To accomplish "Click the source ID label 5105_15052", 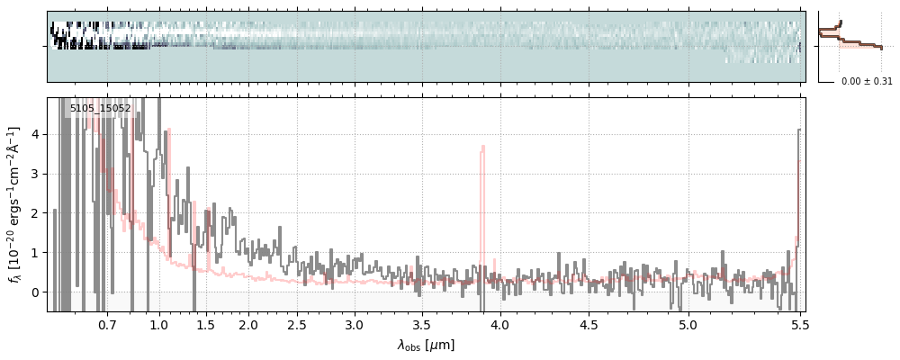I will point(101,109).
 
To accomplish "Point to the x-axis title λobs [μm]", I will point(426,345).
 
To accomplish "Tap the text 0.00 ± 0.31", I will point(867,82).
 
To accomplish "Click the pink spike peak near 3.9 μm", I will point(482,147).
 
